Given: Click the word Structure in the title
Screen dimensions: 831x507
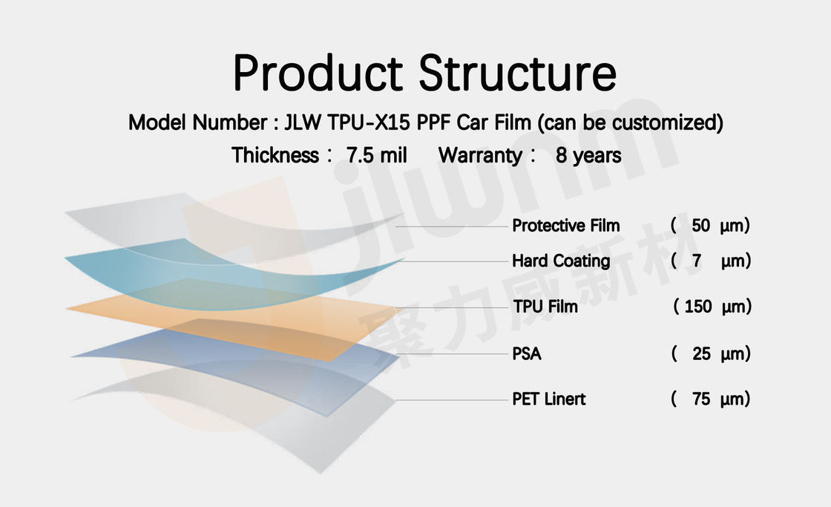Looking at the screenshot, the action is (518, 73).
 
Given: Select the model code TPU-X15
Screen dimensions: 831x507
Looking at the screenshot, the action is (368, 122).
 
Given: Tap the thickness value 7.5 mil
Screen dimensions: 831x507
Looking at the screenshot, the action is (376, 155).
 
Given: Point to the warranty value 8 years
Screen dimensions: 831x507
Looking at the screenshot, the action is (588, 155).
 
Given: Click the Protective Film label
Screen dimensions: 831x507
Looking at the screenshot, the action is (566, 226).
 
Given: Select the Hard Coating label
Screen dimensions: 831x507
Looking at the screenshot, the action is (561, 261).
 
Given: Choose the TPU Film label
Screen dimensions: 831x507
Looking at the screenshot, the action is (545, 307).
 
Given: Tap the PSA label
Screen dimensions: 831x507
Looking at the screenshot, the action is (527, 354).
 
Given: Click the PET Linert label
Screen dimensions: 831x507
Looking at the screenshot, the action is (549, 399).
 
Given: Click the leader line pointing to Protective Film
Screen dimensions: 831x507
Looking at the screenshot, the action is (452, 226).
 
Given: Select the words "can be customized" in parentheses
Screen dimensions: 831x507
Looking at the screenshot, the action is (631, 122).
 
